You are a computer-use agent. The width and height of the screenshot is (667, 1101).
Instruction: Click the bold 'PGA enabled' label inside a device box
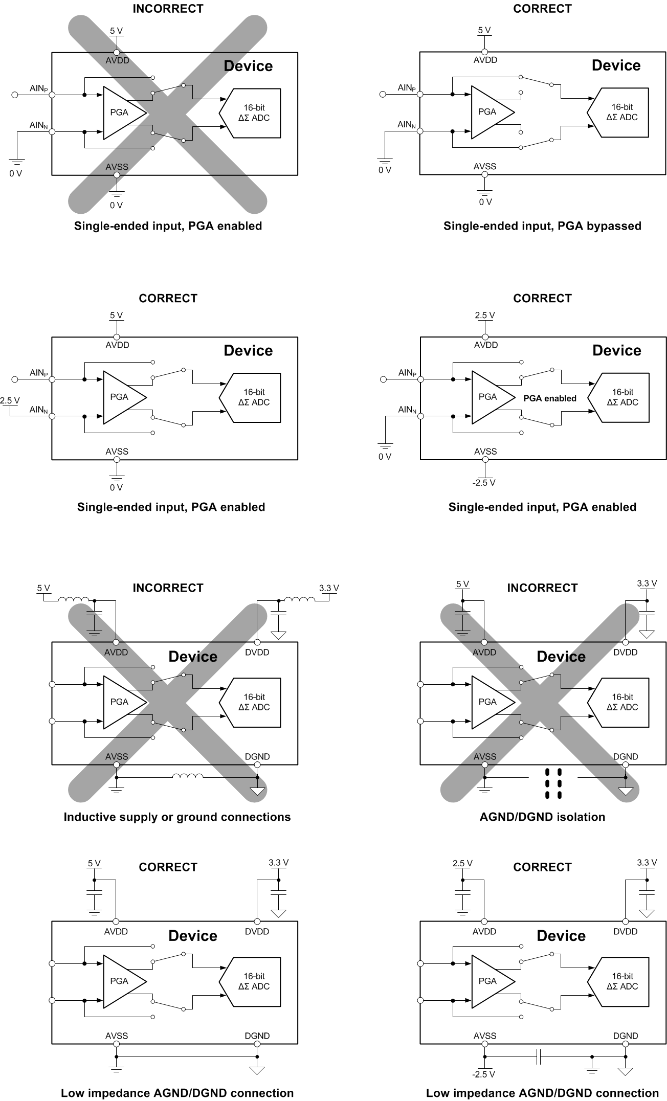pyautogui.click(x=550, y=398)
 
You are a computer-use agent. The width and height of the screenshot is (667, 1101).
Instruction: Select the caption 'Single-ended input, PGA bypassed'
pyautogui.click(x=542, y=226)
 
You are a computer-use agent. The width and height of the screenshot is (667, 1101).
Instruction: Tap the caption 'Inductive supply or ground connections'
pyautogui.click(x=177, y=817)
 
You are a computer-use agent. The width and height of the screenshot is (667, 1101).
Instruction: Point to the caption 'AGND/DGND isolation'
pyautogui.click(x=542, y=817)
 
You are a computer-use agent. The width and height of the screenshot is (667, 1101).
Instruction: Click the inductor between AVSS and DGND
pyautogui.click(x=187, y=776)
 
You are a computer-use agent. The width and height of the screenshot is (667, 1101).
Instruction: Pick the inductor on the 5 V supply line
pyautogui.click(x=74, y=599)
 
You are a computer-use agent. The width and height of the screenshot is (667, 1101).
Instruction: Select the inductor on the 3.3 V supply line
pyautogui.click(x=299, y=599)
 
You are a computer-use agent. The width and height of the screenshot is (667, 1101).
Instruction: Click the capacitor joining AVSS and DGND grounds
pyautogui.click(x=539, y=1057)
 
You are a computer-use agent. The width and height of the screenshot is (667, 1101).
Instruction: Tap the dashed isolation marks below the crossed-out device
pyautogui.click(x=553, y=783)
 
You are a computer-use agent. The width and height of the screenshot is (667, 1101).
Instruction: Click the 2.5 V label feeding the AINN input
pyautogui.click(x=10, y=400)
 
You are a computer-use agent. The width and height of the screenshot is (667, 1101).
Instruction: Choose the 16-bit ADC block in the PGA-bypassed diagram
pyautogui.click(x=619, y=112)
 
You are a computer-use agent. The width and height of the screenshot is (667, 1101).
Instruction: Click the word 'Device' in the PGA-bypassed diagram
pyautogui.click(x=616, y=65)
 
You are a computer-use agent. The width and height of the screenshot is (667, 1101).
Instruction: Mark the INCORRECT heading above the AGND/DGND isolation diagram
pyautogui.click(x=542, y=588)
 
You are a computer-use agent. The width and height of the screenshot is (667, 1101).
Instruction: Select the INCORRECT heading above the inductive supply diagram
pyautogui.click(x=168, y=588)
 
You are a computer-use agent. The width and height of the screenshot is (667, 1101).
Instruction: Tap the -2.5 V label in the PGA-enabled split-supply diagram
pyautogui.click(x=484, y=482)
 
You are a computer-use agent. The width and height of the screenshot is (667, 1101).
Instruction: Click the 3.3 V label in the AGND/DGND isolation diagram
pyautogui.click(x=647, y=583)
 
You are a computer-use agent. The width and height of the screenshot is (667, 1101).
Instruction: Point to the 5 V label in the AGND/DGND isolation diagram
pyautogui.click(x=462, y=584)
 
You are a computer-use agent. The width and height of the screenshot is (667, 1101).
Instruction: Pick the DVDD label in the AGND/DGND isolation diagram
pyautogui.click(x=625, y=652)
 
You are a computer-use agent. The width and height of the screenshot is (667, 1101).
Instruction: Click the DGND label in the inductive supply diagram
pyautogui.click(x=257, y=756)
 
